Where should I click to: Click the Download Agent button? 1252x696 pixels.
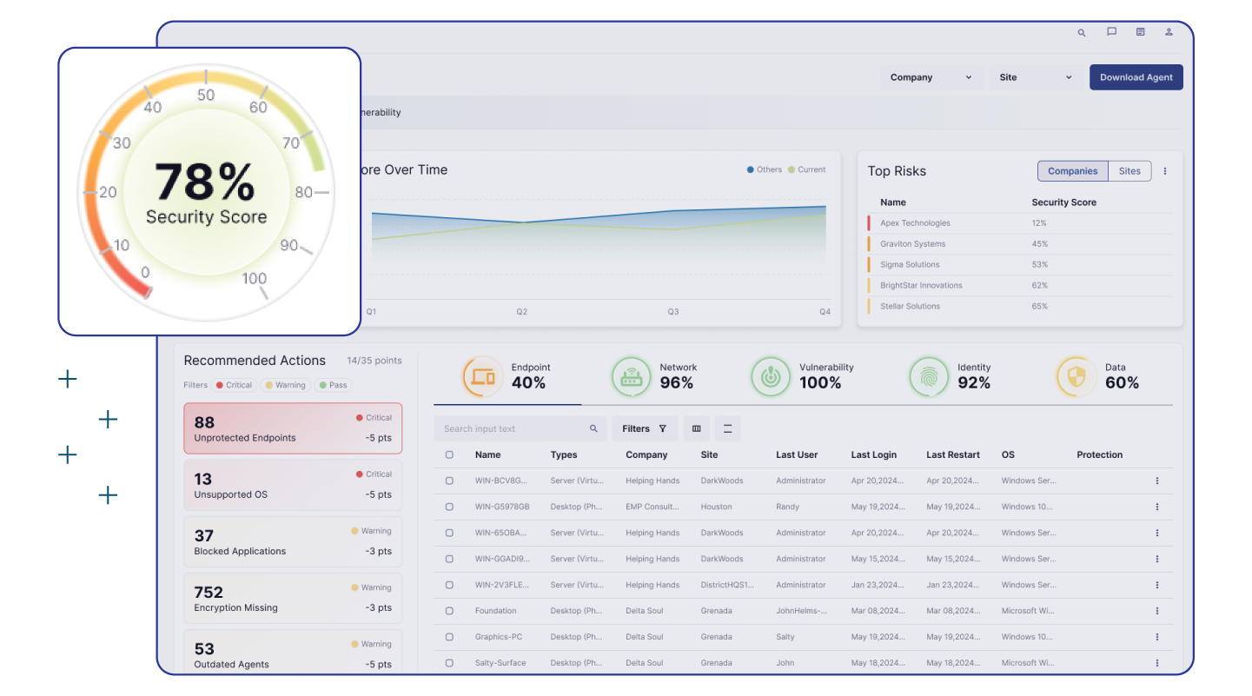pyautogui.click(x=1136, y=77)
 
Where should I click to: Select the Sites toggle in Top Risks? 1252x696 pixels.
pyautogui.click(x=1129, y=171)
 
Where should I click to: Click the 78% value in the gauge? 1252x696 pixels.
pyautogui.click(x=205, y=183)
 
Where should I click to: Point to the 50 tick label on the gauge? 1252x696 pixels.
pyautogui.click(x=206, y=95)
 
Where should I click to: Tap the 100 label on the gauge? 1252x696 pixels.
pyautogui.click(x=254, y=279)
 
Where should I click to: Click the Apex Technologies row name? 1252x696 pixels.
pyautogui.click(x=915, y=223)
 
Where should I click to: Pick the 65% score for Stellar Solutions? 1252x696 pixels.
pyautogui.click(x=1039, y=307)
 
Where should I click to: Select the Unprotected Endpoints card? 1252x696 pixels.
pyautogui.click(x=293, y=428)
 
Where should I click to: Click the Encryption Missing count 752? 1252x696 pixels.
pyautogui.click(x=209, y=593)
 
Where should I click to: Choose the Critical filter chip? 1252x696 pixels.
pyautogui.click(x=234, y=385)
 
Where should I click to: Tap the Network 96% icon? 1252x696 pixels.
pyautogui.click(x=631, y=377)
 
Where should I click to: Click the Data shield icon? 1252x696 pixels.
pyautogui.click(x=1076, y=377)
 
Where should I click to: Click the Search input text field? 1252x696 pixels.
pyautogui.click(x=513, y=428)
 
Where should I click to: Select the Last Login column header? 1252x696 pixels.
pyautogui.click(x=873, y=454)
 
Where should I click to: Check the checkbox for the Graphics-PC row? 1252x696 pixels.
pyautogui.click(x=449, y=637)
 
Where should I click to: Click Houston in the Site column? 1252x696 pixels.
pyautogui.click(x=716, y=507)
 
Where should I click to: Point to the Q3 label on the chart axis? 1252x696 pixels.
pyautogui.click(x=672, y=312)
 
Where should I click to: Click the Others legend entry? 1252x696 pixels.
pyautogui.click(x=765, y=170)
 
